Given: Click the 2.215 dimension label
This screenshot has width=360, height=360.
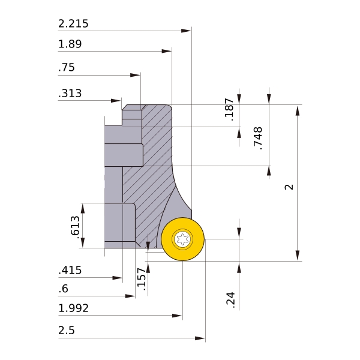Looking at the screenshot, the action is pos(73,24).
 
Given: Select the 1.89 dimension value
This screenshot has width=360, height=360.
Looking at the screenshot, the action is pos(70,44).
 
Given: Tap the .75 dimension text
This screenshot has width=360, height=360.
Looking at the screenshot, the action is pos(67,67).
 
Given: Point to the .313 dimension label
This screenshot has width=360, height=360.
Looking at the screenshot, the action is pos(70,94).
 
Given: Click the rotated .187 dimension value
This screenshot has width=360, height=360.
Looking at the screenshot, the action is pos(229,110).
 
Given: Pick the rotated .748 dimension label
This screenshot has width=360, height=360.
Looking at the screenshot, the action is pos(258,139).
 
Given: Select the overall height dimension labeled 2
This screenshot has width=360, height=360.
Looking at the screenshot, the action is pos(289,187).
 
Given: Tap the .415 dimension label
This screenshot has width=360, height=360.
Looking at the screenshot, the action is pos(70,270).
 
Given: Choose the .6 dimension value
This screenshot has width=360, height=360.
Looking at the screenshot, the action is pos(64,289).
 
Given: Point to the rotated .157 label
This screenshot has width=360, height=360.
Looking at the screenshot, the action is pos(142,279).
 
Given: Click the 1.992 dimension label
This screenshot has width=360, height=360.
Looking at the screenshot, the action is pos(73,308).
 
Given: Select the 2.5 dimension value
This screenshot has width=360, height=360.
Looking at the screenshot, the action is pos(67,331).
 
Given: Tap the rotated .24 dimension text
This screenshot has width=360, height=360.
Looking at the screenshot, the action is pos(231,300).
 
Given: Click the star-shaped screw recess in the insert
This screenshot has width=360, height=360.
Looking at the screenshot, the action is pos(182,239).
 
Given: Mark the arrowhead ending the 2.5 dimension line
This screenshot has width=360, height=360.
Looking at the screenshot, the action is pos(200,338).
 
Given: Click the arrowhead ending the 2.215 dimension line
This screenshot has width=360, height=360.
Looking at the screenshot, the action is pos(186,31).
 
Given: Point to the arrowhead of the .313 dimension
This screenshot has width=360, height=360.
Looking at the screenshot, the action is pos(116,101).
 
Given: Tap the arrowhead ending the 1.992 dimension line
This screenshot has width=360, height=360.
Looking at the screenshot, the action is pos(177,316).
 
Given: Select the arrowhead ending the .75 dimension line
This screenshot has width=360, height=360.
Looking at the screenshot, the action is pos(135,75).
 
